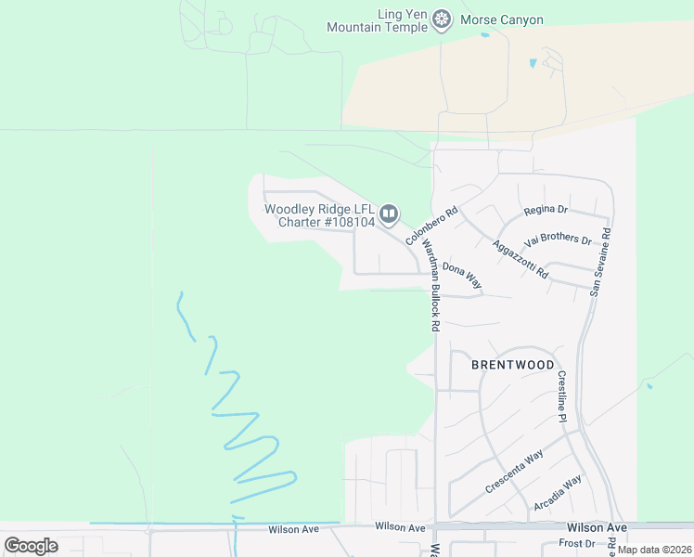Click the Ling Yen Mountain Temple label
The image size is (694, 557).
[x=376, y=20]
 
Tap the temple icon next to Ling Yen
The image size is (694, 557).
[x=443, y=19]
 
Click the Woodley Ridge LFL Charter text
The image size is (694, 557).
[x=320, y=215]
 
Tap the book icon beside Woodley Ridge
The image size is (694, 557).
[x=389, y=215]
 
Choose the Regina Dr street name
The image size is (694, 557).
[x=545, y=210]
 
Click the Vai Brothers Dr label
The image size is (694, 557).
[x=558, y=240]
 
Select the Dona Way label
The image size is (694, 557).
[x=461, y=275]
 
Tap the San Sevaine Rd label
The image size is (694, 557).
[x=601, y=262]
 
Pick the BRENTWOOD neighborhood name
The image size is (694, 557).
[x=513, y=365]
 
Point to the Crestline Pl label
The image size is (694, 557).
[x=562, y=396]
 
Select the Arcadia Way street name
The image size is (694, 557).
[x=558, y=493]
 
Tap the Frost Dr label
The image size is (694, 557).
[x=576, y=543]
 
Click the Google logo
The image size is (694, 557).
[x=31, y=546]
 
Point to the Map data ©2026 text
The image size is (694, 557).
[x=654, y=550]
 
